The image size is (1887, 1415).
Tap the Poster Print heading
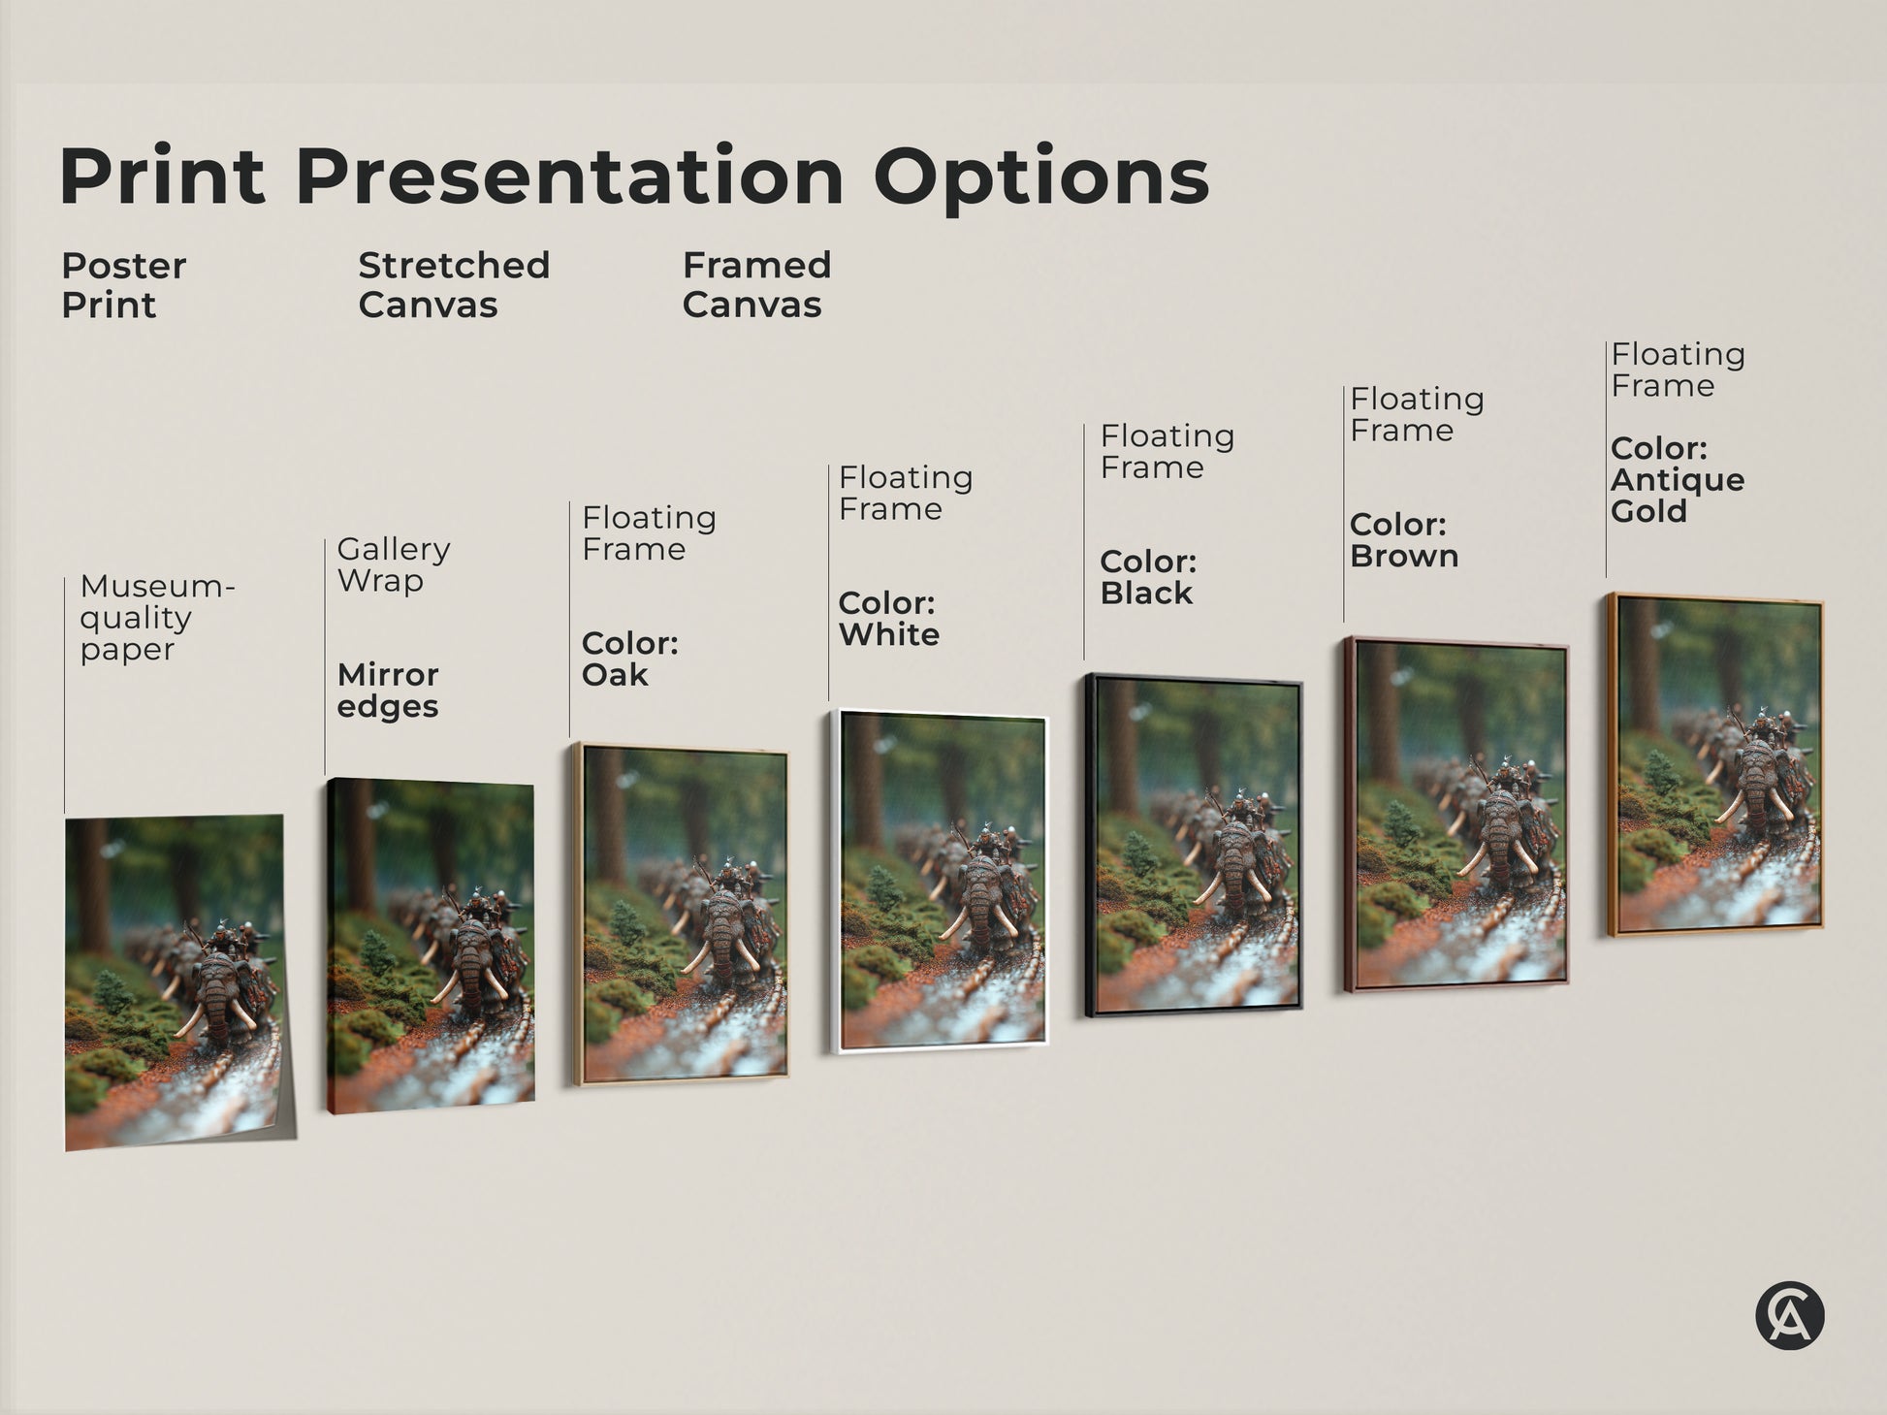point(123,285)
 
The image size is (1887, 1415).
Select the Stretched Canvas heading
point(454,285)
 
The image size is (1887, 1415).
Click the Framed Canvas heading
point(756,285)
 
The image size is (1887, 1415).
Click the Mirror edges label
point(388,690)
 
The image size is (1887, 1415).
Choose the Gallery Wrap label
point(393,564)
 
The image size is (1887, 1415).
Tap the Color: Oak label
point(629,659)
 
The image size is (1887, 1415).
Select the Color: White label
point(888,619)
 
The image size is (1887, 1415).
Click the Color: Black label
point(1148,577)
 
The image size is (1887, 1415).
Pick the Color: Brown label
point(1403,540)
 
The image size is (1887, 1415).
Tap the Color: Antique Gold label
point(1677,480)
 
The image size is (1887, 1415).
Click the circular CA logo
point(1789,1316)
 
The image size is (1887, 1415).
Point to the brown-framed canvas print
point(1455,815)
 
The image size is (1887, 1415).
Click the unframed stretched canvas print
point(432,946)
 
